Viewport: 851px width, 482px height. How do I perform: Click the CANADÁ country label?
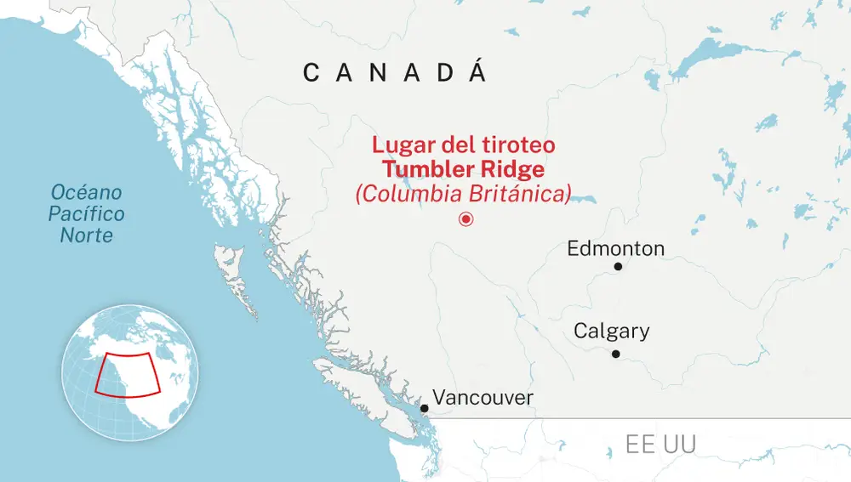tap(395, 73)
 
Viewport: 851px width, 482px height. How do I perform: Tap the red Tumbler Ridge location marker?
tap(465, 219)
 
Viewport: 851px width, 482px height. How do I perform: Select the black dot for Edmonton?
tap(619, 267)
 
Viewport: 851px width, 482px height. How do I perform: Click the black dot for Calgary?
tap(615, 354)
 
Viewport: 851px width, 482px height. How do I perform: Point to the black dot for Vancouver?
tap(424, 408)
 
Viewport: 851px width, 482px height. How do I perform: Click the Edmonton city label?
tap(615, 249)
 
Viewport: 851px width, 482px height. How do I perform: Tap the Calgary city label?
tap(611, 331)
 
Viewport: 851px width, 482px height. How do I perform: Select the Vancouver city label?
tap(483, 397)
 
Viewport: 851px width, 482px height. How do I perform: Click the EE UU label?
tap(660, 444)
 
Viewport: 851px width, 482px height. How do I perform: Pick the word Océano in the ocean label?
tap(86, 192)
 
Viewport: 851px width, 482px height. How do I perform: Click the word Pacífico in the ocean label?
tap(86, 213)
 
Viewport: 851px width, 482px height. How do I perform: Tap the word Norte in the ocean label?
tap(86, 234)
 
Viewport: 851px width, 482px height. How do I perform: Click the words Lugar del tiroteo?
tap(463, 145)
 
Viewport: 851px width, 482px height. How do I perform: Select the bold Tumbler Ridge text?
tap(463, 168)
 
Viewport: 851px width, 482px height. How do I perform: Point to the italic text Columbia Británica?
tap(463, 193)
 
